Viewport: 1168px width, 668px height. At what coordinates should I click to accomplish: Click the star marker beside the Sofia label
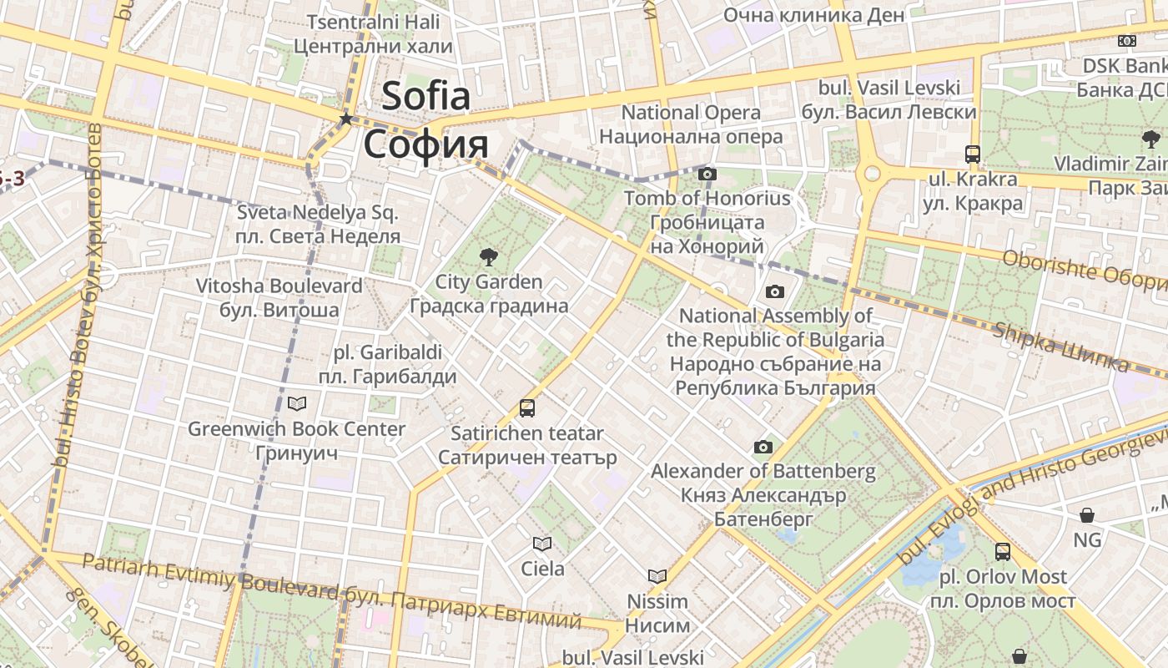point(345,119)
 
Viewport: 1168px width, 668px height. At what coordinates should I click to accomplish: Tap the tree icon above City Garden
point(488,257)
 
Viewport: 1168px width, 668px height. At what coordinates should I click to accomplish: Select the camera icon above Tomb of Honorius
point(707,174)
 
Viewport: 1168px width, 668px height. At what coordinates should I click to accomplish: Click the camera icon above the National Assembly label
point(775,291)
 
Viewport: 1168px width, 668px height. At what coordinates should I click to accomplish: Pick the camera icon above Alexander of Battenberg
point(763,448)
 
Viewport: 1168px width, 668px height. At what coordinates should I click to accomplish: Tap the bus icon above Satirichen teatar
point(527,408)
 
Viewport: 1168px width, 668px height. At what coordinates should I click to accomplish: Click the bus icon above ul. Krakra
point(972,154)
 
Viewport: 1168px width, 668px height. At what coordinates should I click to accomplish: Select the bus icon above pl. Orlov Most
point(1002,552)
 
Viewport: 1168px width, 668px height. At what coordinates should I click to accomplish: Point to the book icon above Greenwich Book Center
point(296,404)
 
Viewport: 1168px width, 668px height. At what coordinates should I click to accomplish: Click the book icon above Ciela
point(542,544)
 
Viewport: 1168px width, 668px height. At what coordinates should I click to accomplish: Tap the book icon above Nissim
point(657,576)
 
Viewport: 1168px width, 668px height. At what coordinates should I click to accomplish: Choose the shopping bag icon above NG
point(1087,515)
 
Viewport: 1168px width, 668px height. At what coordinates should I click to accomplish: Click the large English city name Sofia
point(426,96)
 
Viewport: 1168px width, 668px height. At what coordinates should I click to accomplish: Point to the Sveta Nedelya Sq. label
point(317,212)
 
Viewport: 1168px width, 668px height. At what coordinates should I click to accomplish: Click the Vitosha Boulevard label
point(279,286)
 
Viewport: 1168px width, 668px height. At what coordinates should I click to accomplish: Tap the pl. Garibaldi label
point(388,352)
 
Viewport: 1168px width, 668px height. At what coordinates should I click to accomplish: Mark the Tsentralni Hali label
point(373,22)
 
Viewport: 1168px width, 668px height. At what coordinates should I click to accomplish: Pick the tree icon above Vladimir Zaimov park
point(1151,139)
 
